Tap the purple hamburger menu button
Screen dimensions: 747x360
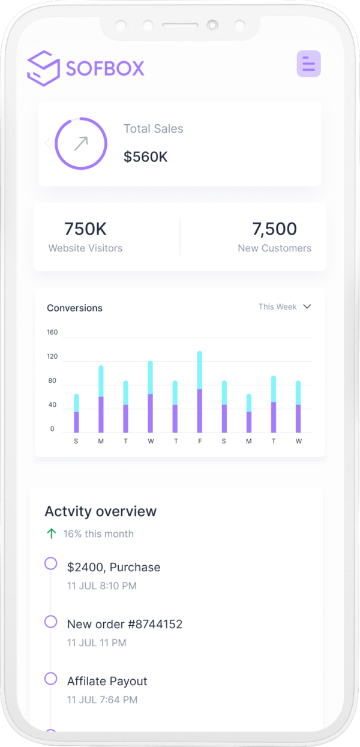308,64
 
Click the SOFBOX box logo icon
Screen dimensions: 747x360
43,68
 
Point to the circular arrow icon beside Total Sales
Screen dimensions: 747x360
81,143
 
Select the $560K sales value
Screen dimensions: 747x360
145,157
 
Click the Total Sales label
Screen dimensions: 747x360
153,128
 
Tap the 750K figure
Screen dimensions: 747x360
85,229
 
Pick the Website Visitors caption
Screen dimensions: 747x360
85,248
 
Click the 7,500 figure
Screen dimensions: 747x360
274,229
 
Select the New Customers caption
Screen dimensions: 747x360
274,248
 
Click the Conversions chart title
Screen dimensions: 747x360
74,308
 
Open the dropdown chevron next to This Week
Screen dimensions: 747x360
307,307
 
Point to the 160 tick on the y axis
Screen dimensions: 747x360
52,332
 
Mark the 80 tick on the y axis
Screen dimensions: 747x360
52,381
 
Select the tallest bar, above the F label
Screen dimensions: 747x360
200,391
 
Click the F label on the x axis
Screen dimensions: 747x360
200,442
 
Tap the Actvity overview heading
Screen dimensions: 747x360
100,511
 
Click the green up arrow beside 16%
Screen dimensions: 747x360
52,533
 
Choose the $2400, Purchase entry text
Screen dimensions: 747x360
113,567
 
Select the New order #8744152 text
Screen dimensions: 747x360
124,624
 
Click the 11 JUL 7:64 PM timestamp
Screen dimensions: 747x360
102,700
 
